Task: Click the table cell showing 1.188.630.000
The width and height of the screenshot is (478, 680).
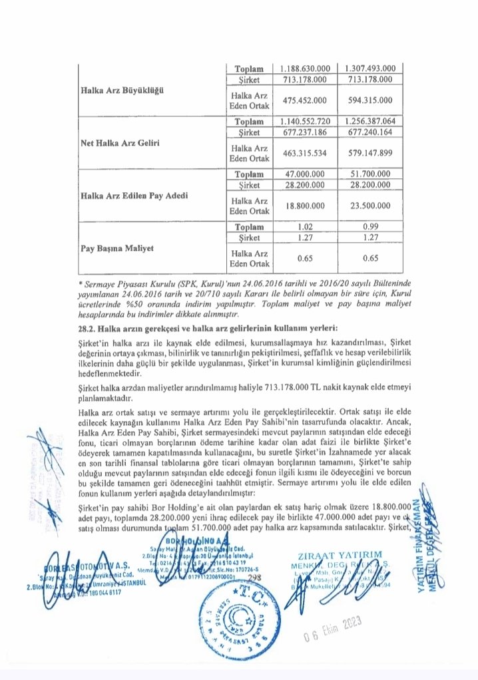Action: pyautogui.click(x=307, y=69)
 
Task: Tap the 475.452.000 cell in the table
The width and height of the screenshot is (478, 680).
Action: pyautogui.click(x=307, y=100)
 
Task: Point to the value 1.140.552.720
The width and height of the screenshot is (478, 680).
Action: pyautogui.click(x=307, y=122)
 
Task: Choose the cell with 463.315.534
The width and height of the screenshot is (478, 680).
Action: pyautogui.click(x=307, y=153)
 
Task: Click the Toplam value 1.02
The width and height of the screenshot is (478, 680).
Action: pyautogui.click(x=307, y=227)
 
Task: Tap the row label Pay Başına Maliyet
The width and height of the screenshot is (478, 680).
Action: pyautogui.click(x=117, y=248)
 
